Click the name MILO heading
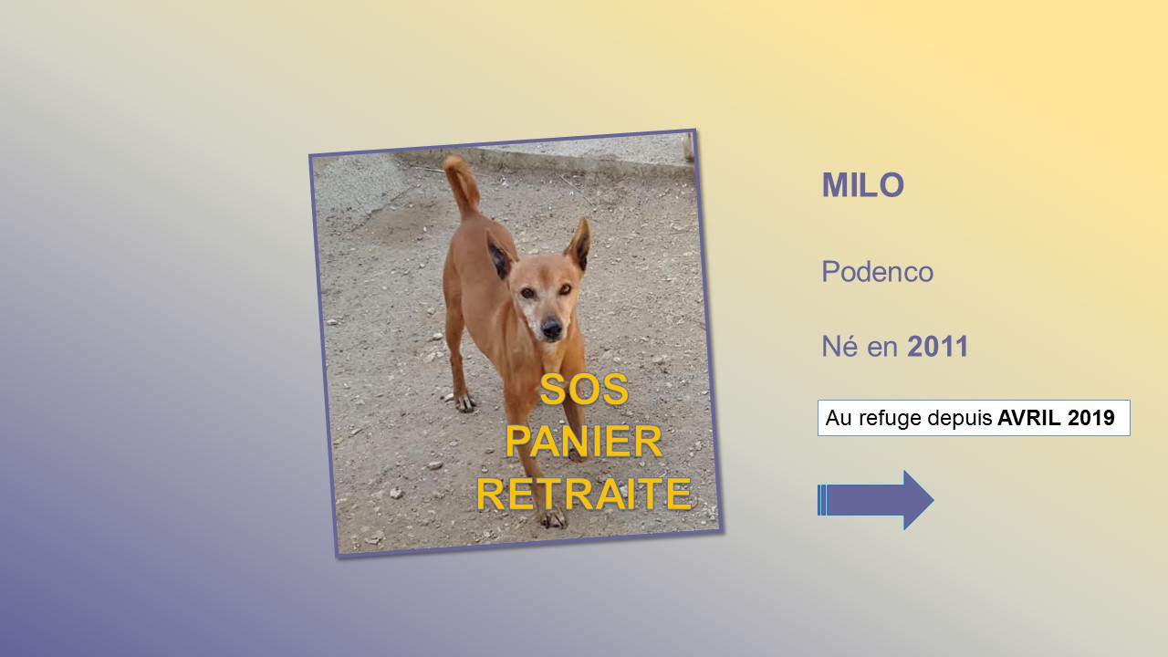(x=863, y=185)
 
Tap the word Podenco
(x=878, y=272)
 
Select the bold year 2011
(x=937, y=347)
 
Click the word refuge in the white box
(x=890, y=419)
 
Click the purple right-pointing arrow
(x=875, y=500)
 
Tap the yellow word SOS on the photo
(x=584, y=390)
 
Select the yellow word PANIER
(x=583, y=442)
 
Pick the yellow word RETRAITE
(x=584, y=494)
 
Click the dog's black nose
(x=551, y=328)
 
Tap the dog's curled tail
(x=462, y=185)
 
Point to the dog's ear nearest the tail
(x=499, y=255)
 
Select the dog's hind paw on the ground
(x=464, y=401)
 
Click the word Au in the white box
(x=839, y=418)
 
